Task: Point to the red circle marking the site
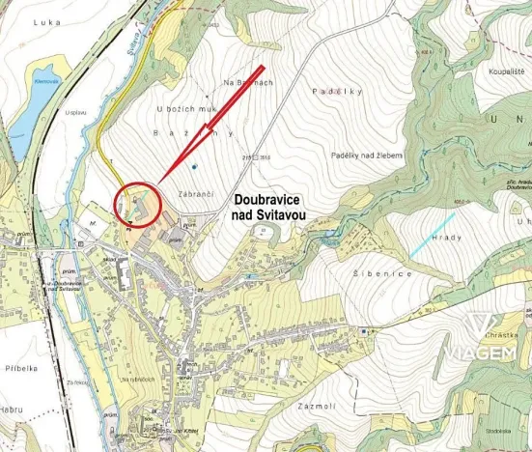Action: point(137,205)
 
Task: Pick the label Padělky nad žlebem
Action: point(366,155)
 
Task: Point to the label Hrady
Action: point(448,237)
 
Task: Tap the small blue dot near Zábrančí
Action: point(194,168)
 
